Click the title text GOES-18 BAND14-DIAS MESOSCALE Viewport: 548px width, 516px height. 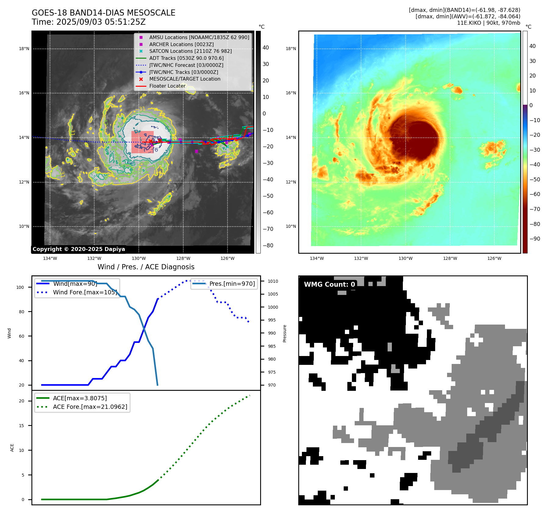click(x=103, y=13)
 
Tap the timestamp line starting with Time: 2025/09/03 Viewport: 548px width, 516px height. click(x=88, y=22)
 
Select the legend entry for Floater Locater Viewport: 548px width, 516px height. click(x=167, y=86)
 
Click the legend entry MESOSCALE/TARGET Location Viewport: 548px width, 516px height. click(x=184, y=79)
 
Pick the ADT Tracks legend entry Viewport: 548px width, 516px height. click(x=186, y=58)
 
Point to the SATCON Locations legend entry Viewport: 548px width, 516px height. click(x=190, y=51)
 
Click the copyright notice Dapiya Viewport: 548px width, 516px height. click(x=79, y=249)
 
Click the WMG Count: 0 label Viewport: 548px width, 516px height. click(x=329, y=284)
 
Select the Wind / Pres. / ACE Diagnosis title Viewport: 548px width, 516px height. click(x=146, y=267)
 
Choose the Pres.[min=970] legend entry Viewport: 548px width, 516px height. click(x=232, y=284)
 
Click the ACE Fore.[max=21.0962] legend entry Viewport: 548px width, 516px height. click(x=90, y=407)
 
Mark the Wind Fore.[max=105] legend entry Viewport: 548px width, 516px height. click(x=85, y=292)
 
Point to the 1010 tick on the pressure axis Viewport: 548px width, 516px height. click(x=273, y=281)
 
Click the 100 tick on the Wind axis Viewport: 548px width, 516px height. click(x=20, y=287)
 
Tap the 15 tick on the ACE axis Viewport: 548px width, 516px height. click(x=21, y=426)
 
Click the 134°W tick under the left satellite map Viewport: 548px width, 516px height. click(x=50, y=258)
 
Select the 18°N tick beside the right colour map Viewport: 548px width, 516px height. click(x=291, y=49)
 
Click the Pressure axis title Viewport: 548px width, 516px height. click(x=285, y=333)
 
